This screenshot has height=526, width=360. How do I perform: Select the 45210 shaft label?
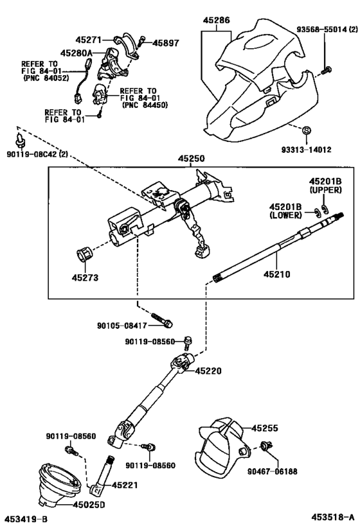click(277, 274)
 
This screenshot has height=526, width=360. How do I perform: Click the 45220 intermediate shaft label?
click(208, 371)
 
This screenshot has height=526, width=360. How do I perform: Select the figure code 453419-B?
click(26, 518)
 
